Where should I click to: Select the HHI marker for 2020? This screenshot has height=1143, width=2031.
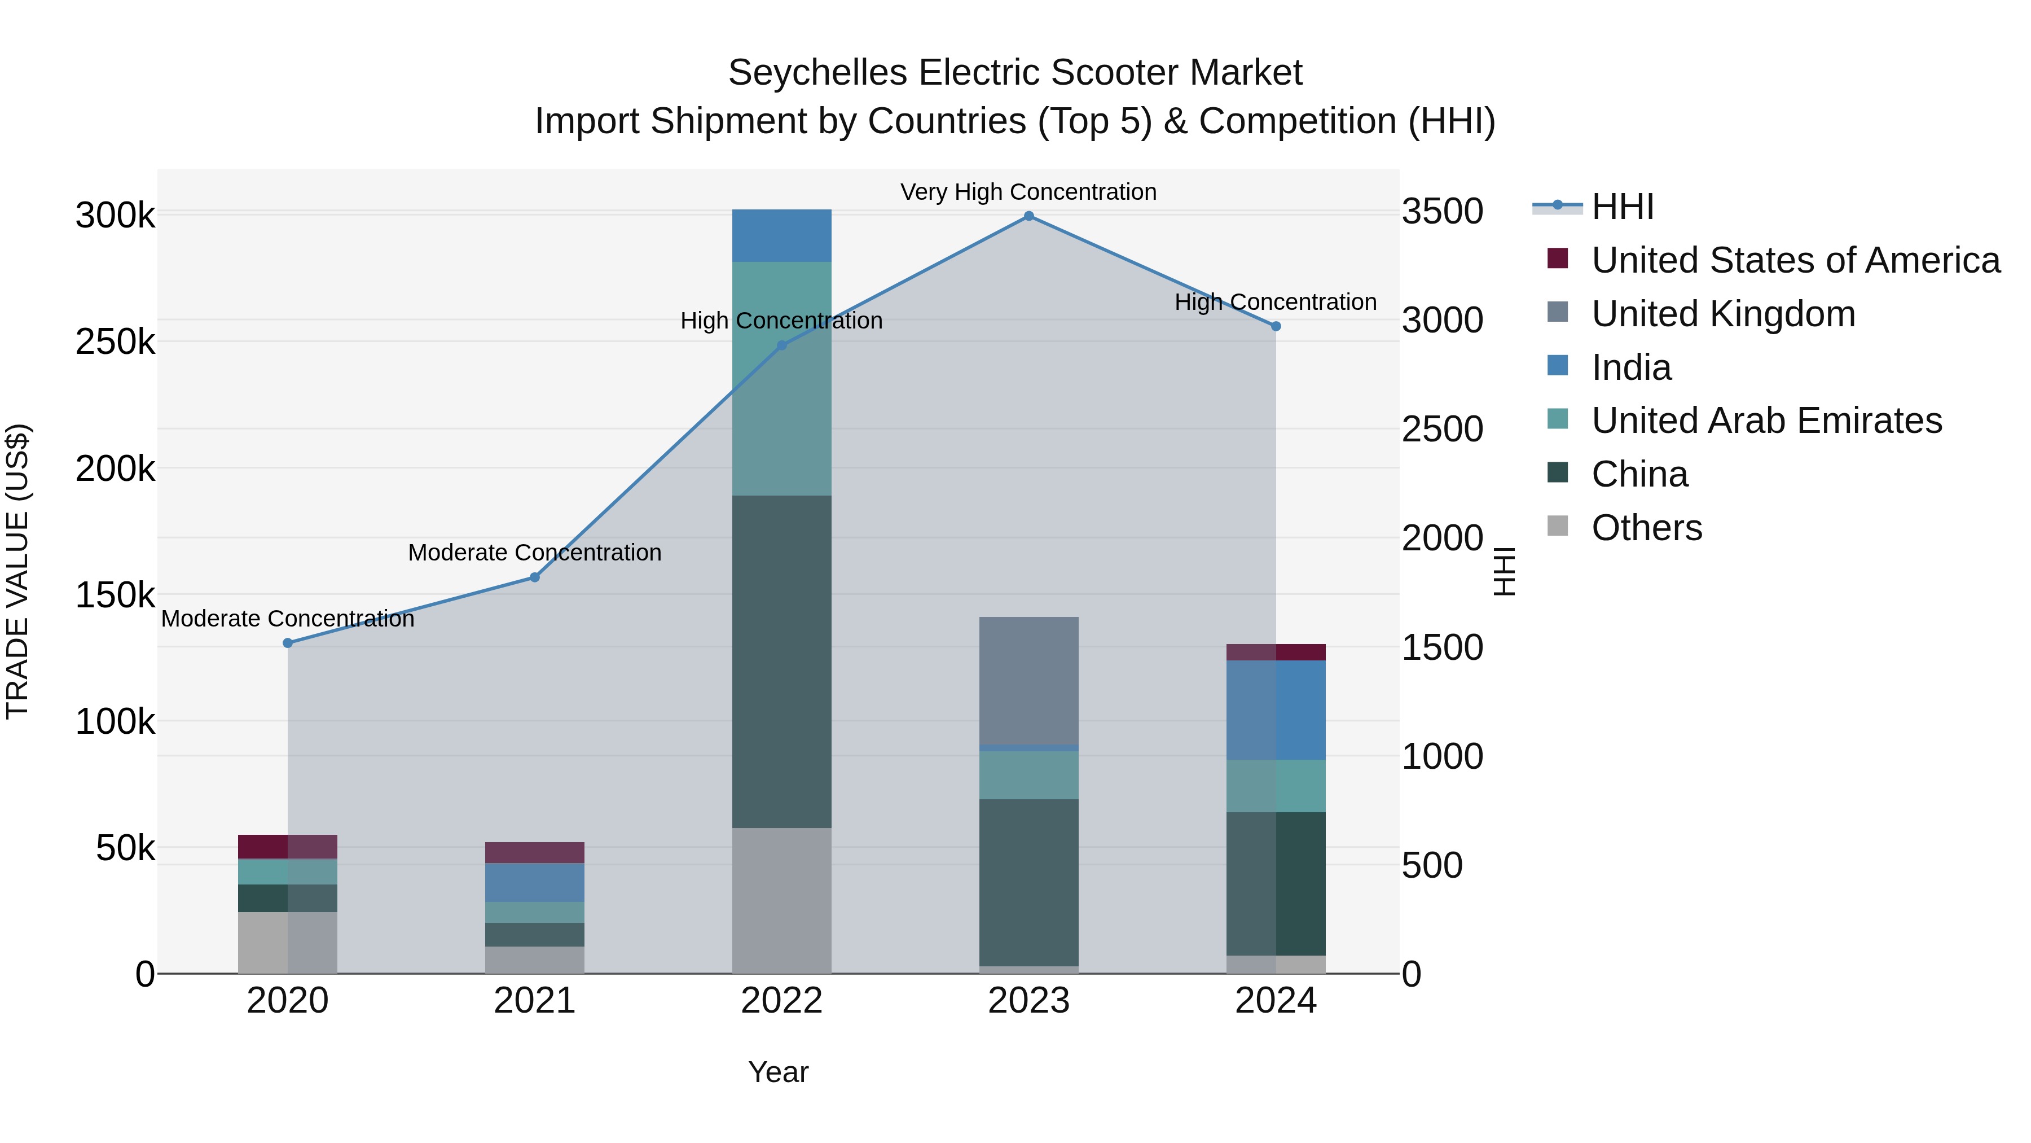[x=288, y=643]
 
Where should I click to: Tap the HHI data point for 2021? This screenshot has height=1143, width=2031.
[x=535, y=577]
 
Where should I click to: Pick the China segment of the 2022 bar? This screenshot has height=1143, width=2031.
[x=781, y=661]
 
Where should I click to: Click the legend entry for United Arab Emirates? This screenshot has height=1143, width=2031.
[x=1766, y=421]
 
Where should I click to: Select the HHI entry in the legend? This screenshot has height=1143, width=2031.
[x=1622, y=207]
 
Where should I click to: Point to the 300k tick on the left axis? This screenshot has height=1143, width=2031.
[x=115, y=216]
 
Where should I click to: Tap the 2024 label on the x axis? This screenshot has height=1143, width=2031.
[x=1275, y=1001]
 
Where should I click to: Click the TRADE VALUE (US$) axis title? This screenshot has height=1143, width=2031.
[x=17, y=571]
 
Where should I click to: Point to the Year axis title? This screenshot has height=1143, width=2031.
[x=778, y=1072]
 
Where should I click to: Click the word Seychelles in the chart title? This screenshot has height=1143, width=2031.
[x=817, y=73]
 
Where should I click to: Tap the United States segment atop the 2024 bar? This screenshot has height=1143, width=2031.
[x=1275, y=651]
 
